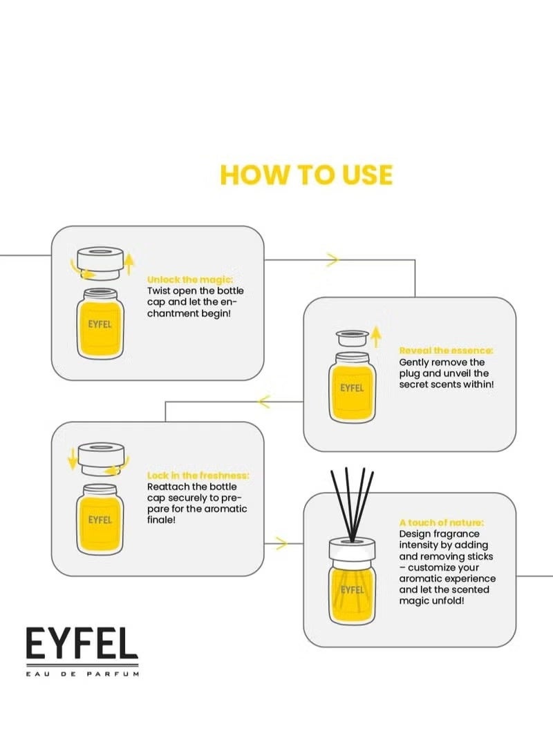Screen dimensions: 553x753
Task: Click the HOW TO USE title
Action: tap(306, 175)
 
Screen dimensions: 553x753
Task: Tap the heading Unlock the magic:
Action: tap(190, 280)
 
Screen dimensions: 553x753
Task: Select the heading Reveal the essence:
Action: tap(447, 351)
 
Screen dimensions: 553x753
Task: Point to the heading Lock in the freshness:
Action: tap(198, 476)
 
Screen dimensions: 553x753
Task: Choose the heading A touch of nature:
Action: tap(442, 522)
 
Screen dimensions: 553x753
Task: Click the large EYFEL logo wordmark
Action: tap(82, 643)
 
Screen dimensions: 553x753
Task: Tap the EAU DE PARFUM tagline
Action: tap(82, 674)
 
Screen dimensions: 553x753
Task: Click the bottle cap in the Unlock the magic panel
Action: tap(100, 263)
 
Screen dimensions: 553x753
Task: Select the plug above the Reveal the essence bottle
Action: tap(353, 338)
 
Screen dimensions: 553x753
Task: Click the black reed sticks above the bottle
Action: tap(353, 505)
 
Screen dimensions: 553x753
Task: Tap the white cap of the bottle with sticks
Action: tap(352, 550)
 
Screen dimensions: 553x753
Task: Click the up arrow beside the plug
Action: tap(377, 337)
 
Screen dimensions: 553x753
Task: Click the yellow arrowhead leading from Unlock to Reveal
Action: tap(332, 260)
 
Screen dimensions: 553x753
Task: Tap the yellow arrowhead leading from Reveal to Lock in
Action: tap(264, 402)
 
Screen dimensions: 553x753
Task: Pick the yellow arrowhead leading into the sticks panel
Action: tap(282, 544)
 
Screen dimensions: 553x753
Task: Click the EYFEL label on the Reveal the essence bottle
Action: tap(352, 388)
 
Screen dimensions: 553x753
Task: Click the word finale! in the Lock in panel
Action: tap(161, 520)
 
